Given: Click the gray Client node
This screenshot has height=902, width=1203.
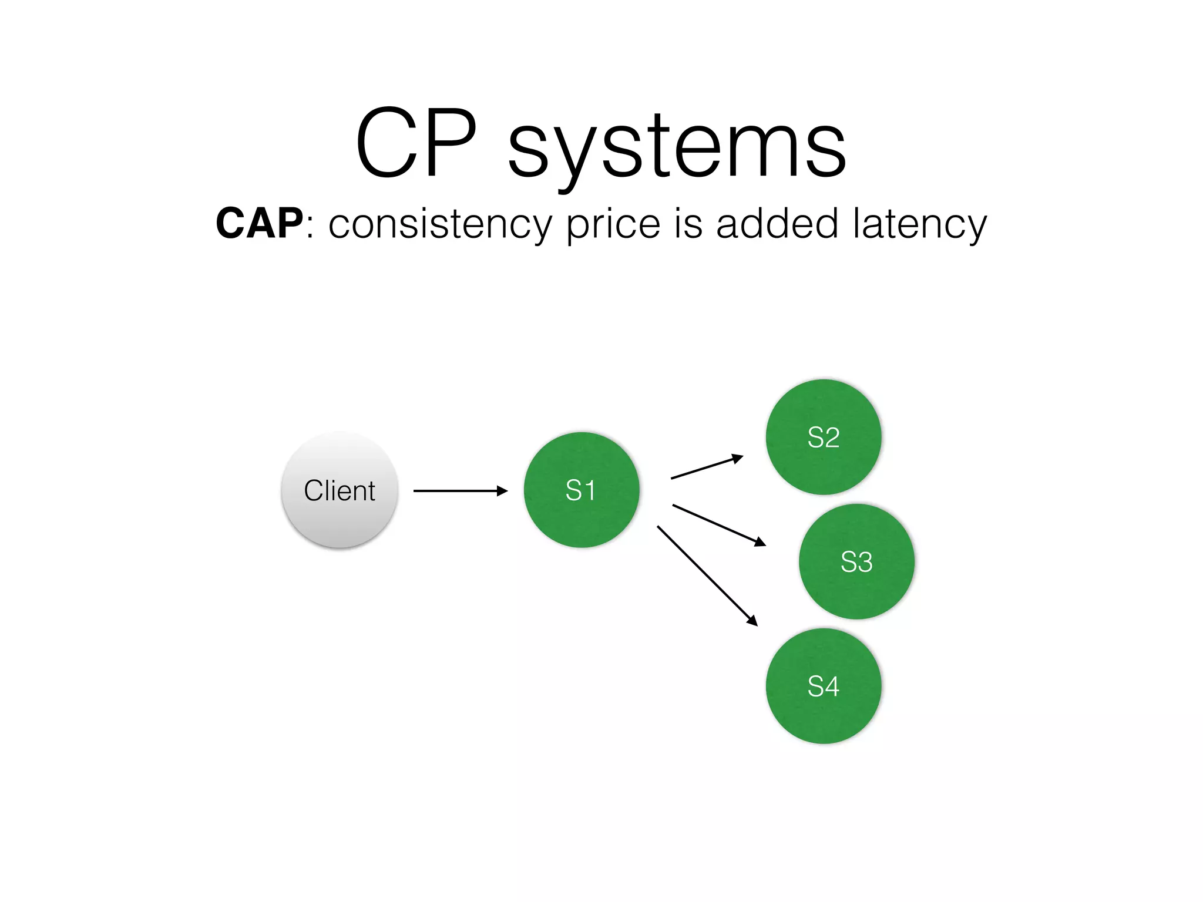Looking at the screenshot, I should (x=340, y=490).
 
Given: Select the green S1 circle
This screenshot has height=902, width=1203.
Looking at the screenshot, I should (x=581, y=490).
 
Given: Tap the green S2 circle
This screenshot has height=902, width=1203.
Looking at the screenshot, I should (x=824, y=437).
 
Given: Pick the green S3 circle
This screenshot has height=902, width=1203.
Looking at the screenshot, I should (x=856, y=562).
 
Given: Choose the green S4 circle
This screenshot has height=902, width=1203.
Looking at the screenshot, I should (x=824, y=686).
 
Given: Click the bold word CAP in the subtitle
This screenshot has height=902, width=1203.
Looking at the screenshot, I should (x=259, y=224).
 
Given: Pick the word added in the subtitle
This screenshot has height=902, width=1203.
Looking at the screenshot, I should (x=777, y=224).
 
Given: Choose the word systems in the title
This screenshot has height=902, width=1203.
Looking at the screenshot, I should (x=677, y=147).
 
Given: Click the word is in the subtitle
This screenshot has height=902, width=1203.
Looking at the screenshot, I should (x=688, y=224).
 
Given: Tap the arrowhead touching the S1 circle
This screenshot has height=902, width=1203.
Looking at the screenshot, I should (x=502, y=491).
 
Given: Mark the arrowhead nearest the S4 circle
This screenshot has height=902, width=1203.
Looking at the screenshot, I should (x=752, y=621).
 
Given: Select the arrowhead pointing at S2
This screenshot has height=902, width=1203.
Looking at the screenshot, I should (x=737, y=458).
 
